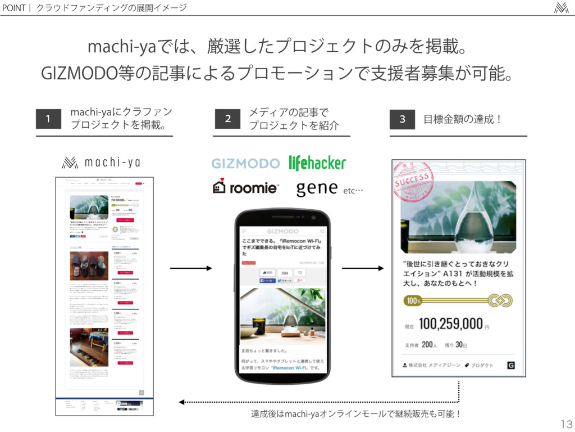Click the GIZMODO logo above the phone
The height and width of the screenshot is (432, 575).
coord(245,164)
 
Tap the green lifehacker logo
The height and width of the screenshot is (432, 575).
coord(317,163)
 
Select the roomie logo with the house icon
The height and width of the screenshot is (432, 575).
coord(245,187)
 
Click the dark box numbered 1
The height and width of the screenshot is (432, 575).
coord(48,119)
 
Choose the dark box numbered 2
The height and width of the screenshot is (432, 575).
coord(227,119)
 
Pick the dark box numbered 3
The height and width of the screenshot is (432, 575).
coord(402,119)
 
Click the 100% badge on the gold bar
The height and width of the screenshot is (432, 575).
coord(414,301)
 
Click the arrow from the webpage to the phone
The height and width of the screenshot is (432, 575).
coord(191,268)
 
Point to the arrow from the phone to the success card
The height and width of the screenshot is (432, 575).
coord(362,268)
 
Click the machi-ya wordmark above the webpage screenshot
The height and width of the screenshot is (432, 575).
coord(101,163)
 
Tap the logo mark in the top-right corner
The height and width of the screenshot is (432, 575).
coord(561,7)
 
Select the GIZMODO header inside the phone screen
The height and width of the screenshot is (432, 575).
coord(282,231)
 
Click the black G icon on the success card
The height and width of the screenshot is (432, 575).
coord(510,365)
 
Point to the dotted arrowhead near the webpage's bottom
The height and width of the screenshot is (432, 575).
coord(181,402)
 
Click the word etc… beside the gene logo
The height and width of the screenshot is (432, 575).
coord(353,191)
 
